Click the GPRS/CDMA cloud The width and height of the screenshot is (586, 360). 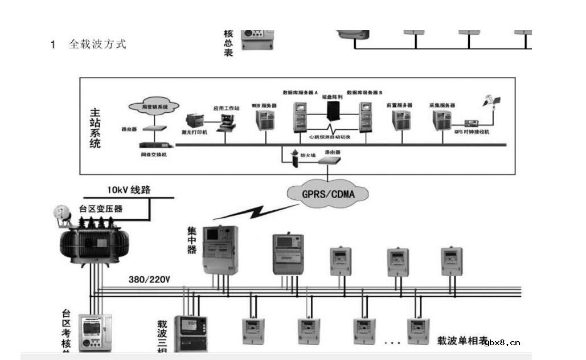pyautogui.click(x=328, y=194)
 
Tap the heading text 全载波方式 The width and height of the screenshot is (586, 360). pyautogui.click(x=97, y=44)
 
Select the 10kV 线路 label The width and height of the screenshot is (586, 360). pyautogui.click(x=129, y=190)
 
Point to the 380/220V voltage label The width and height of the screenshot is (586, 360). pyautogui.click(x=150, y=280)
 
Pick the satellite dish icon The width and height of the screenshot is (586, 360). pyautogui.click(x=491, y=102)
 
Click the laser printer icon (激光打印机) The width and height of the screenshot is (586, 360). pyautogui.click(x=195, y=121)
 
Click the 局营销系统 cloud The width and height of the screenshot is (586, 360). pyautogui.click(x=154, y=106)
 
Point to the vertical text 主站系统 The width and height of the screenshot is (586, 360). pyautogui.click(x=95, y=128)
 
